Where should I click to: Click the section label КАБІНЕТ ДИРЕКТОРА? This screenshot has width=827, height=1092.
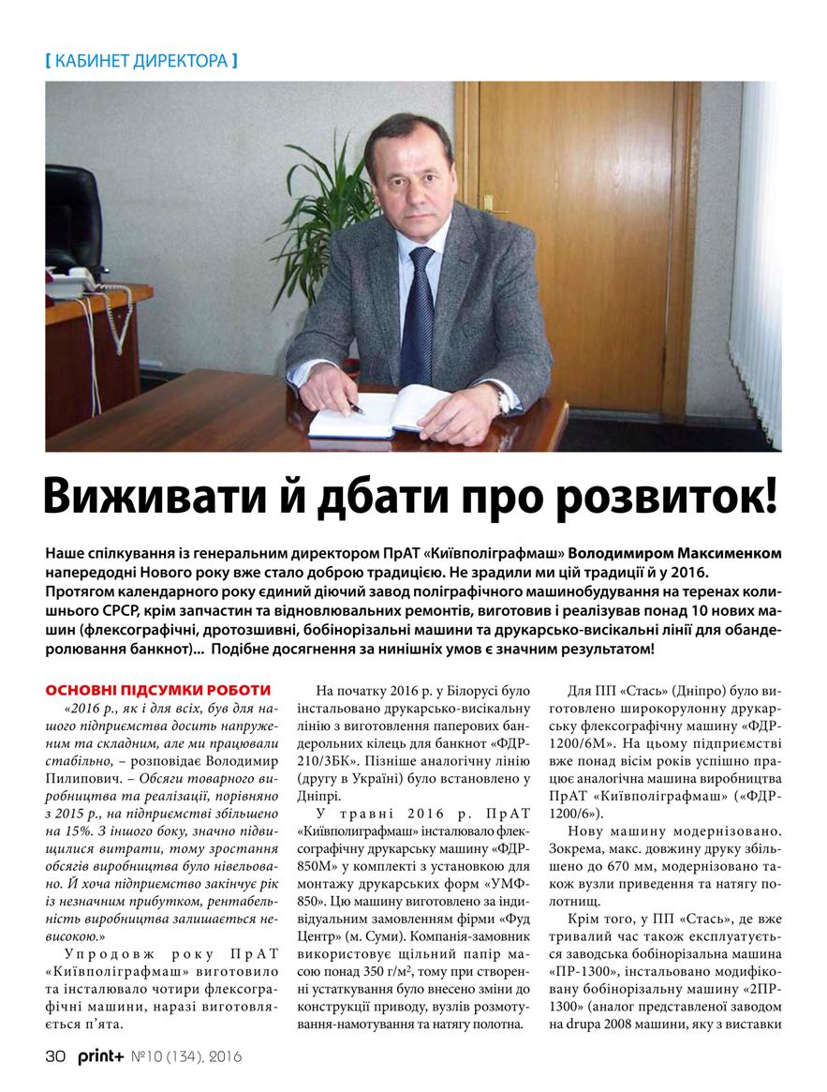140,62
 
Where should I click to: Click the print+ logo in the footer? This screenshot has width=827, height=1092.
100,1056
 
